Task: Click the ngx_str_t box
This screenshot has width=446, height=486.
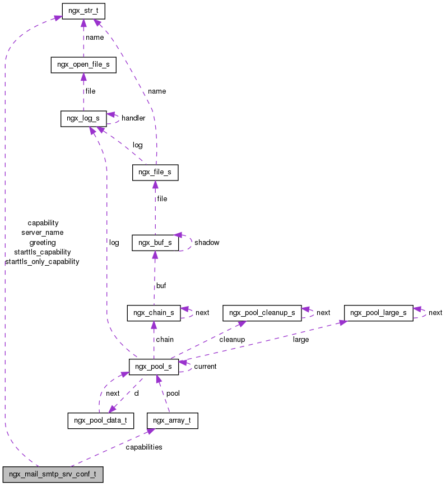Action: coord(83,11)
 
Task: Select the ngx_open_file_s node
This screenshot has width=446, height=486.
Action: coord(83,64)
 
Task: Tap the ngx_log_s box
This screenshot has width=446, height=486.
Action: coord(83,118)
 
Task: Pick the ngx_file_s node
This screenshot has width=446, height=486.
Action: coord(155,172)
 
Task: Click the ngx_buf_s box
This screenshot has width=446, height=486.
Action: coord(155,243)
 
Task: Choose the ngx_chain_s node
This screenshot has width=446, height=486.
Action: coord(154,313)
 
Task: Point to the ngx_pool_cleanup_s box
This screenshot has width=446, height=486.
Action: coord(262,313)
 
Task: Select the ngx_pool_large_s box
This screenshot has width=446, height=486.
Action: coord(379,313)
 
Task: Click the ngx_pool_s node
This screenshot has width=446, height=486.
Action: coord(154,367)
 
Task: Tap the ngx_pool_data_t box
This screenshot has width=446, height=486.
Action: coord(101,420)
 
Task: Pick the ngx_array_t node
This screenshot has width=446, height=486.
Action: coord(172,420)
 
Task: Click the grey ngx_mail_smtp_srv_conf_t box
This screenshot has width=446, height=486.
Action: coord(53,474)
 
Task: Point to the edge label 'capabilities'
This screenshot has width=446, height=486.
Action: coord(144,447)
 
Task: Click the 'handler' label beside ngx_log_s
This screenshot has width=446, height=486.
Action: coord(133,118)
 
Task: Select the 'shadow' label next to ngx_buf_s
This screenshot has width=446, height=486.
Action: coord(207,243)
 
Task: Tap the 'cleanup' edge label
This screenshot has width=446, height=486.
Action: coord(232,340)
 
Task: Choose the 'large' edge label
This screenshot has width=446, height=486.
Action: coord(301,340)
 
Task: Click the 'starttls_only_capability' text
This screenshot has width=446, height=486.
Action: coord(42,262)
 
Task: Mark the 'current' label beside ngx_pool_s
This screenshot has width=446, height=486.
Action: coord(205,367)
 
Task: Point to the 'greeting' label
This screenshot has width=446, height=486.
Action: coord(43,243)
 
